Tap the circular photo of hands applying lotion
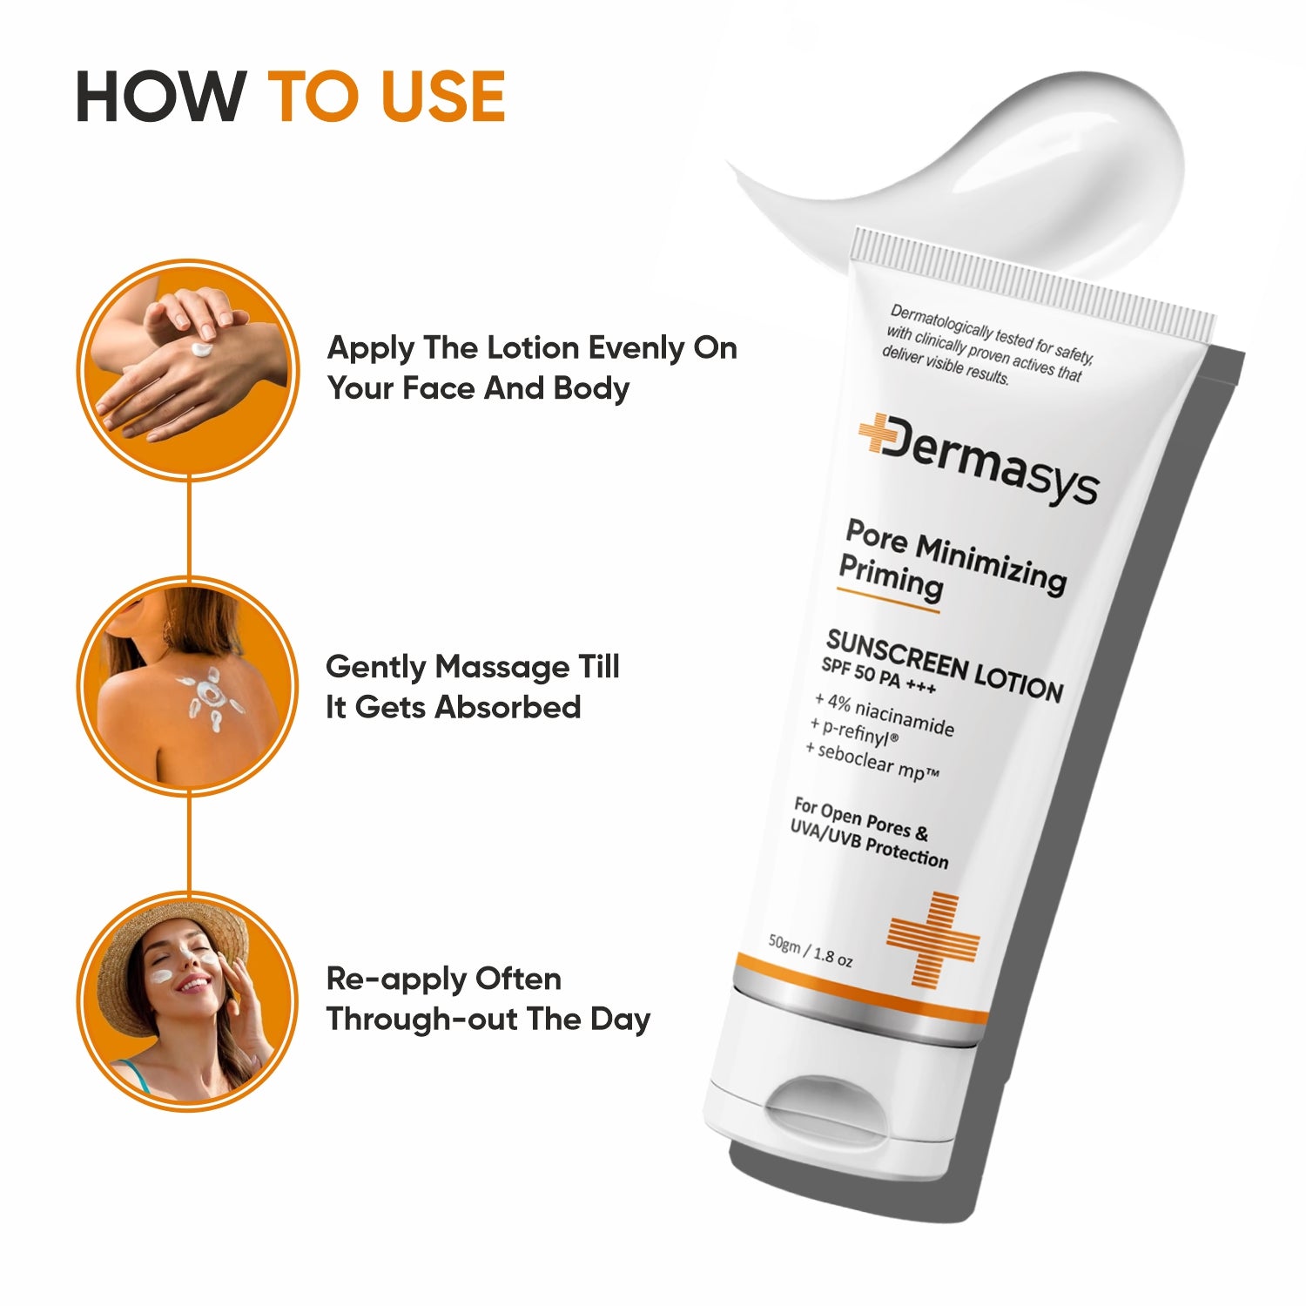click(x=189, y=370)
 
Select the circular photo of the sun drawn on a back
click(x=189, y=687)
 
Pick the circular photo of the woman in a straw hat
click(x=189, y=1001)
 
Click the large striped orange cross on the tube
click(x=932, y=939)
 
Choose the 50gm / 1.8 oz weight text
click(x=810, y=950)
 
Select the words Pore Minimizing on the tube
click(x=955, y=554)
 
